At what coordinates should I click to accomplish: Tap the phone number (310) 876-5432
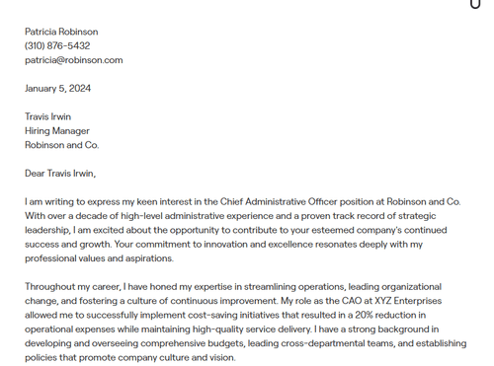click(x=57, y=45)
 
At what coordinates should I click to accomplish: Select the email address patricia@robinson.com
click(x=74, y=59)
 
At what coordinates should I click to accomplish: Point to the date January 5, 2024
click(x=58, y=88)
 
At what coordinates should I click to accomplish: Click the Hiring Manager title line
click(x=57, y=130)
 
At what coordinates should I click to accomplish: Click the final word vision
click(x=221, y=357)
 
